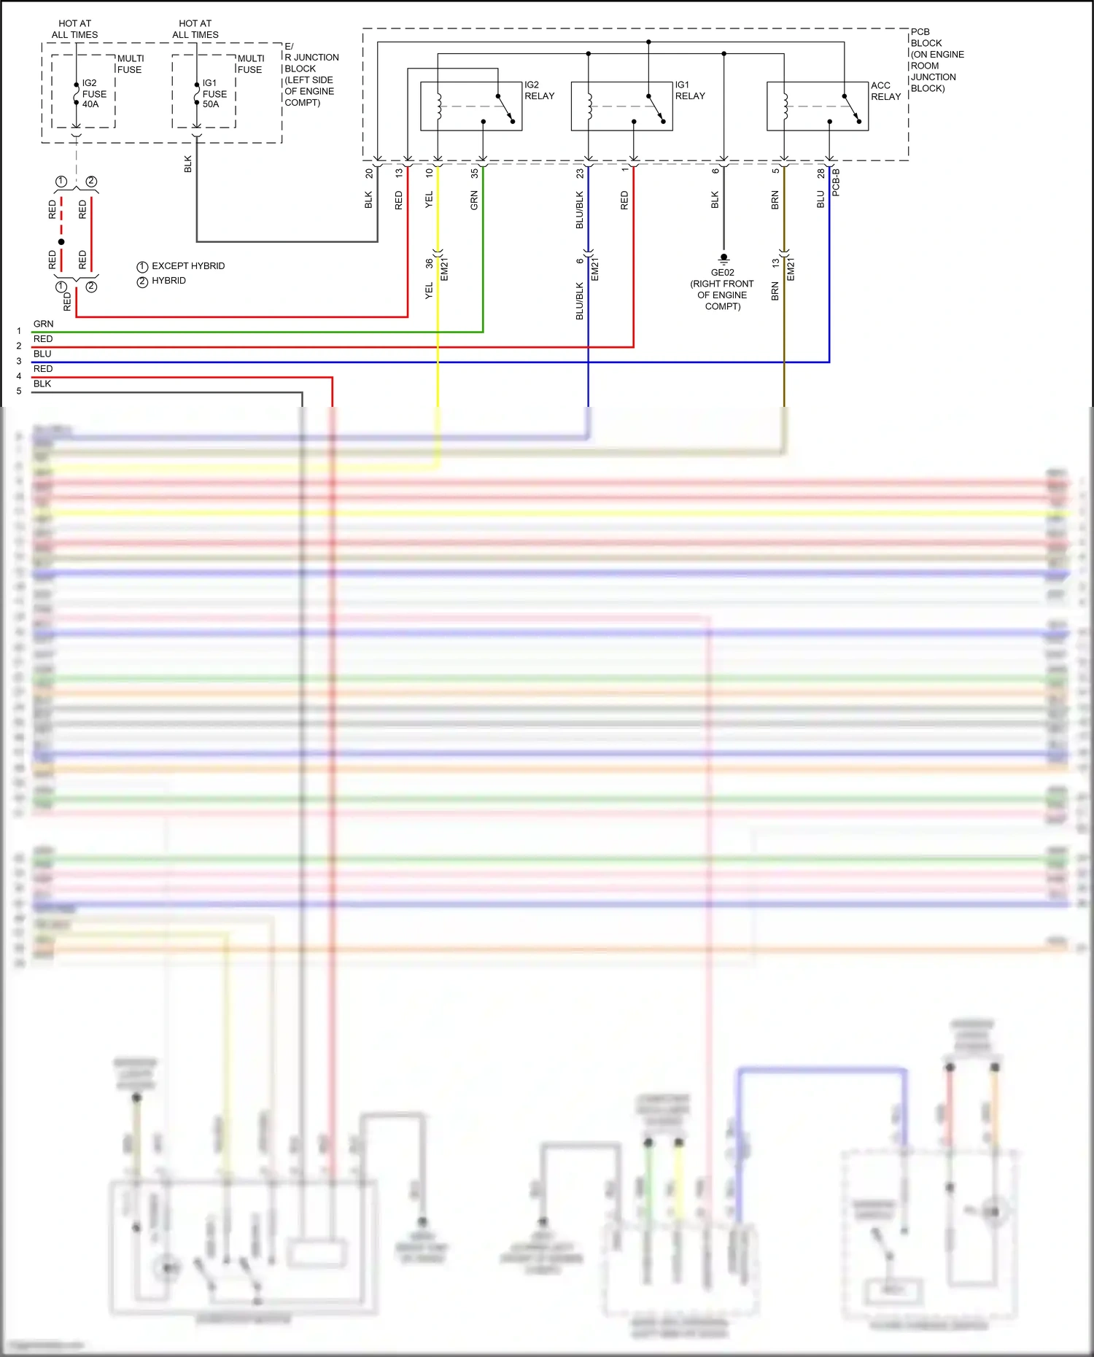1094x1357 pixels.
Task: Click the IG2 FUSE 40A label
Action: click(93, 94)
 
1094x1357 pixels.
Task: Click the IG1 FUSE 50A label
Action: click(214, 94)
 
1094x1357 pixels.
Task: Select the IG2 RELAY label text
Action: click(539, 90)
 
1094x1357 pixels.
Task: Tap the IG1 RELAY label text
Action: click(689, 90)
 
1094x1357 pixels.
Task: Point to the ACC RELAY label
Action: click(885, 91)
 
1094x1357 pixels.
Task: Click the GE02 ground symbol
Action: click(723, 258)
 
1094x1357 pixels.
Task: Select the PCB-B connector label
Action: click(836, 182)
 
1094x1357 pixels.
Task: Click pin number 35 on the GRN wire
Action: click(474, 174)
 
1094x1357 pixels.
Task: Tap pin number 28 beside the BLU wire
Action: click(820, 174)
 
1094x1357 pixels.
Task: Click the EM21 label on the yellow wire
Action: click(445, 269)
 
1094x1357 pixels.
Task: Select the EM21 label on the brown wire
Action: click(791, 269)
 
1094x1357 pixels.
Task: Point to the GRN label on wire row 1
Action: click(43, 324)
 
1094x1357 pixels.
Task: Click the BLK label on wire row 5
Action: click(42, 384)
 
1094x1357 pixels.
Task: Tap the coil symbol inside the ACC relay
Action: click(785, 106)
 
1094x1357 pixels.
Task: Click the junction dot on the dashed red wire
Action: click(61, 241)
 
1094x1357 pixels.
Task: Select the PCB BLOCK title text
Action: click(936, 60)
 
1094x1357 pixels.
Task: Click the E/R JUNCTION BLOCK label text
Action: click(311, 74)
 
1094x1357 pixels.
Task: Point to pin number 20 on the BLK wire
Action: click(369, 174)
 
